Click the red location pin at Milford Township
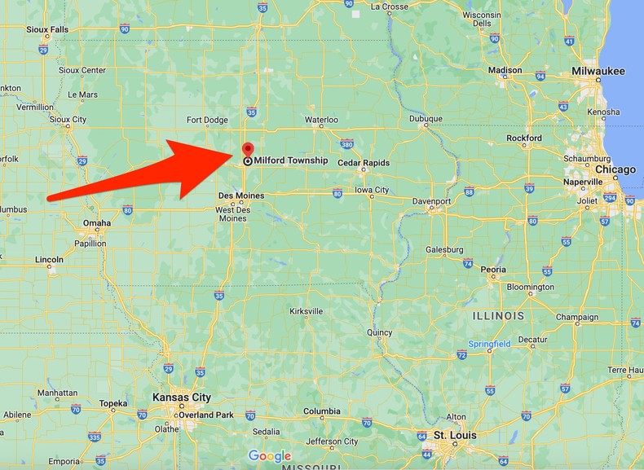point(247,149)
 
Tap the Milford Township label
point(290,161)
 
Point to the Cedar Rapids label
point(363,163)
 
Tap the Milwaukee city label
point(598,72)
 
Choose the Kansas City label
point(182,398)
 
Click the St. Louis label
point(454,435)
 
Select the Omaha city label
point(97,223)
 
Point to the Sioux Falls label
point(47,29)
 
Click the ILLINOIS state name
point(498,314)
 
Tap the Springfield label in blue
point(489,345)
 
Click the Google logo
point(270,456)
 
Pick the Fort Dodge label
point(207,121)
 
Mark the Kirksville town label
point(307,311)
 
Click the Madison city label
point(505,70)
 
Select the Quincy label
point(380,332)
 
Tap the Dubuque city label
point(426,119)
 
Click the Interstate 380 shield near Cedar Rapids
point(346,145)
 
